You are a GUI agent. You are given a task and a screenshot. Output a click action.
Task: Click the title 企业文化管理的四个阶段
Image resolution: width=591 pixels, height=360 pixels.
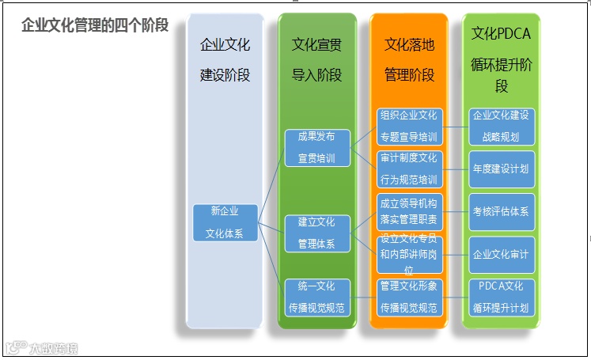pos(95,25)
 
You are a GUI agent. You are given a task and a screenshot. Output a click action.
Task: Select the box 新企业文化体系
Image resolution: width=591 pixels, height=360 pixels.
pos(225,222)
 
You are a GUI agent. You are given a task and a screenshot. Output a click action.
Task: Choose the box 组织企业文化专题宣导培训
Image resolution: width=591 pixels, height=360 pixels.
pos(408,127)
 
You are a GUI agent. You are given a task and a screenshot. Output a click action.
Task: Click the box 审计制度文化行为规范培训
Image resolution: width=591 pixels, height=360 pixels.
pos(408,169)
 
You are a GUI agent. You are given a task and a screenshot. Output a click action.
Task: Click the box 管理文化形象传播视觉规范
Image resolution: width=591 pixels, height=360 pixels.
pos(408,297)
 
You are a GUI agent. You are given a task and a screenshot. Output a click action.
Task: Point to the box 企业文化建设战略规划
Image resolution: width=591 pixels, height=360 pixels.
pos(502,127)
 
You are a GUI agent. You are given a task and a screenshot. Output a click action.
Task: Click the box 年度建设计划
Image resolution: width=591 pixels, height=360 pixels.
pos(502,169)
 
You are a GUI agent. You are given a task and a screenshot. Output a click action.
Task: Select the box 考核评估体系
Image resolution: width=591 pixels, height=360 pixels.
pos(502,212)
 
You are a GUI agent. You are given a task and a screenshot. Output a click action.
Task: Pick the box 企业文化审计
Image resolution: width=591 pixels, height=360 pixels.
pos(502,255)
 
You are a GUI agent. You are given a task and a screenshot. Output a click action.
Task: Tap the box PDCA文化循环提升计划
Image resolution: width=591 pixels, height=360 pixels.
pos(502,297)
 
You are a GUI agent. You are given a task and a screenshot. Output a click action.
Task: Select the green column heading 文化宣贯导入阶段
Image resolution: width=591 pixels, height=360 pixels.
pos(316,59)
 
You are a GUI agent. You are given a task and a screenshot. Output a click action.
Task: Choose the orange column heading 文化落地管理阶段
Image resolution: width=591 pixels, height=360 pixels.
pos(409,59)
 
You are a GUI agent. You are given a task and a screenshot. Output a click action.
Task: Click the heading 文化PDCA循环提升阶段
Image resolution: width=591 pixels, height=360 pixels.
pos(502,59)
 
